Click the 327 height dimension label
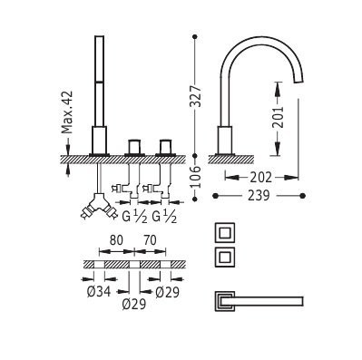pos(195,96)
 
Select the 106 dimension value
pos(195,177)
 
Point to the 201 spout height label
pos(278,117)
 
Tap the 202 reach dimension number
pos(261,178)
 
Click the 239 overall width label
pos(259,196)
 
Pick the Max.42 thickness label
pos(67,112)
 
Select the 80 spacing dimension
pos(116,240)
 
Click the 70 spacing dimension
pos(150,240)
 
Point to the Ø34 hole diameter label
pos(99,292)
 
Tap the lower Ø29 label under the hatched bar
pos(134,304)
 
